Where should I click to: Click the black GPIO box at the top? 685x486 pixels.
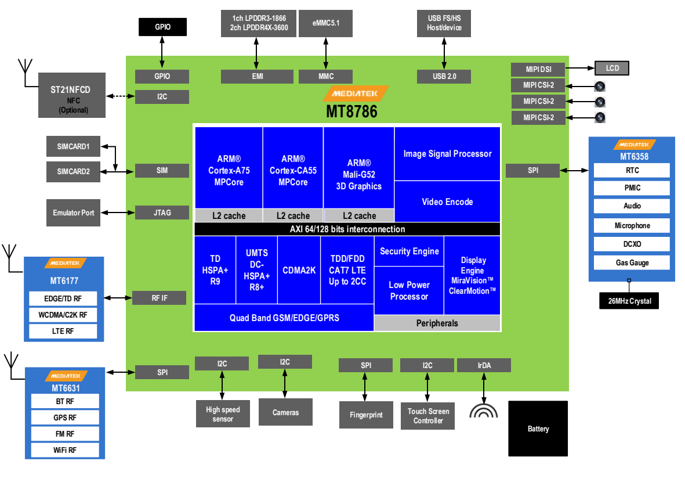pyautogui.click(x=162, y=27)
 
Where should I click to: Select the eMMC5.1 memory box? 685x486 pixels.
pyautogui.click(x=325, y=23)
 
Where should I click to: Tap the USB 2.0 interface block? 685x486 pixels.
pyautogui.click(x=444, y=76)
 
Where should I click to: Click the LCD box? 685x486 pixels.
pyautogui.click(x=612, y=68)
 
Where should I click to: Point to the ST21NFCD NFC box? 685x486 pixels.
pyautogui.click(x=73, y=97)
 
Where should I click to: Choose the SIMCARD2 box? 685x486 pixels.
pyautogui.click(x=73, y=171)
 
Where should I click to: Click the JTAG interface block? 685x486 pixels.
pyautogui.click(x=162, y=213)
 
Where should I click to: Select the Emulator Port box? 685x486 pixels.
pyautogui.click(x=73, y=213)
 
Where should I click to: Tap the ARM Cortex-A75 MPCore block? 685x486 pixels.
pyautogui.click(x=229, y=170)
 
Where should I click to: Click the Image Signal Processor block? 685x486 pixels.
pyautogui.click(x=447, y=154)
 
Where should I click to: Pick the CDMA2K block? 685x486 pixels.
pyautogui.click(x=299, y=270)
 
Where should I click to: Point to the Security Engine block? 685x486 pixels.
pyautogui.click(x=409, y=251)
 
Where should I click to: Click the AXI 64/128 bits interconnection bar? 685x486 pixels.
pyautogui.click(x=347, y=229)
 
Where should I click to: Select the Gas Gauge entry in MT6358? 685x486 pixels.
pyautogui.click(x=632, y=262)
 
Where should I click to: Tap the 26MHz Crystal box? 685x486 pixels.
pyautogui.click(x=629, y=301)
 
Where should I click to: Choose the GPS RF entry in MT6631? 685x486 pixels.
pyautogui.click(x=64, y=417)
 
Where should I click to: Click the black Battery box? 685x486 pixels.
pyautogui.click(x=538, y=429)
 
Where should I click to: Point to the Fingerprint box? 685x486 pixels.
pyautogui.click(x=366, y=415)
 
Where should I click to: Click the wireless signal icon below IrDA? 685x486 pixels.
pyautogui.click(x=484, y=411)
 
